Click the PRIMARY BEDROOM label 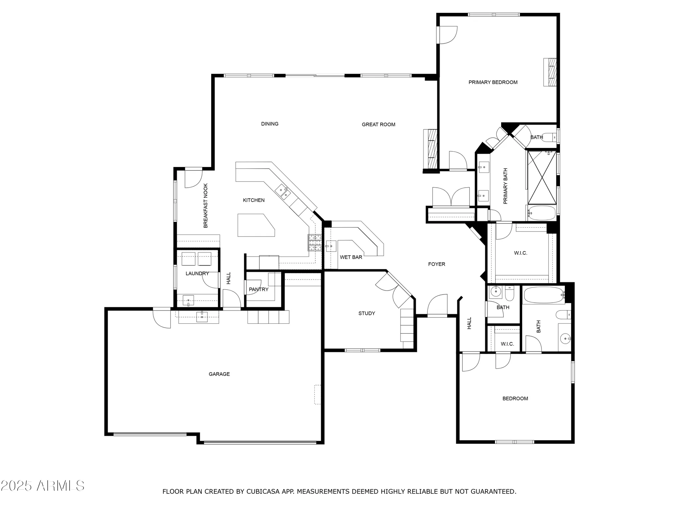coord(493,82)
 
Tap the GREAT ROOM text coord(378,125)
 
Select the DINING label coord(270,124)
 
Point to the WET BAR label coord(351,257)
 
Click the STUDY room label coord(367,313)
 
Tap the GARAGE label coord(219,374)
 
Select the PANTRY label coord(258,289)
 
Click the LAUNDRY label coord(197,274)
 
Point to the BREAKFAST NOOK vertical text coord(205,206)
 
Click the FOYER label coord(436,264)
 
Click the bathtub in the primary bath coord(542,213)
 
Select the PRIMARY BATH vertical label coord(505,186)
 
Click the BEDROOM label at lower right coord(515,398)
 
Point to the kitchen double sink coord(283,192)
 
